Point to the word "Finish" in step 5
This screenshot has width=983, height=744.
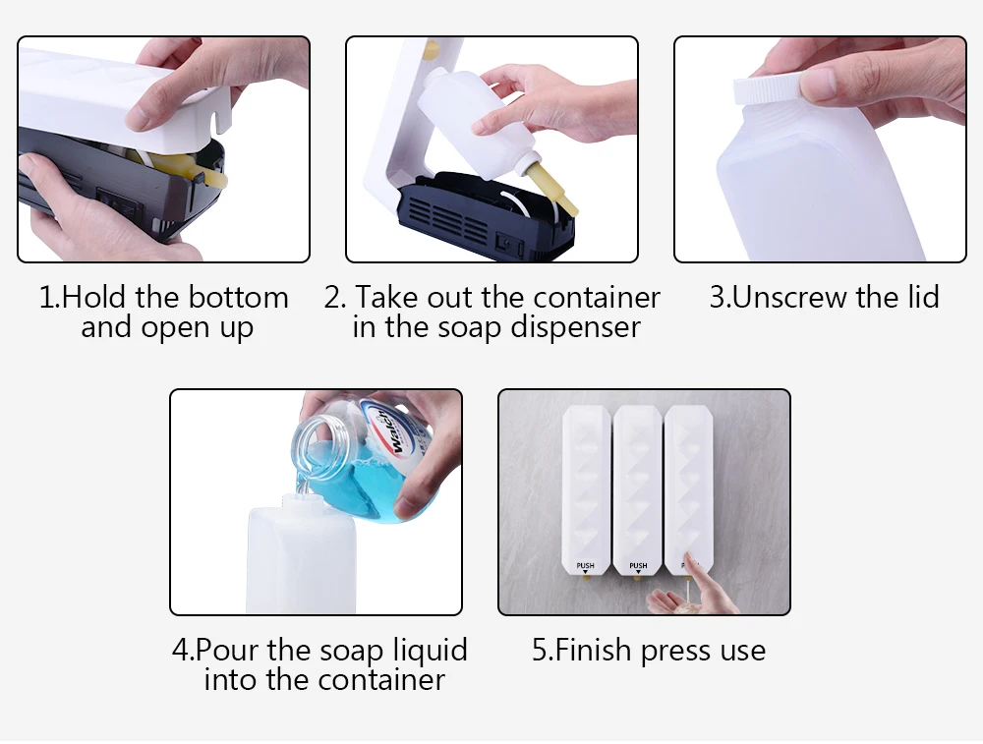point(593,650)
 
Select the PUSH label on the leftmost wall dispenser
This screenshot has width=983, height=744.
point(586,565)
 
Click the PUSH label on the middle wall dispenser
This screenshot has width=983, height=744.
point(638,565)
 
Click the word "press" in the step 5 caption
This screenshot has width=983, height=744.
point(676,653)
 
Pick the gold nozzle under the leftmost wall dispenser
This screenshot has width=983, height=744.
point(586,577)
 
